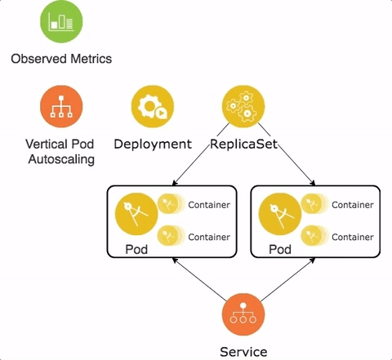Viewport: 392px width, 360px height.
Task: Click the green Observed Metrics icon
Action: pyautogui.click(x=61, y=22)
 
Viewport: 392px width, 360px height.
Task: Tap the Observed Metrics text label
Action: pyautogui.click(x=61, y=59)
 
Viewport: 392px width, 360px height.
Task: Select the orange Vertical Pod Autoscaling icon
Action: pyautogui.click(x=61, y=106)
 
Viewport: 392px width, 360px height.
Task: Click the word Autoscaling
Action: pyautogui.click(x=61, y=159)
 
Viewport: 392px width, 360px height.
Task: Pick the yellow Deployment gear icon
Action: pyautogui.click(x=153, y=106)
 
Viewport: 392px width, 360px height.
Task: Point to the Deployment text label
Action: pyautogui.click(x=153, y=144)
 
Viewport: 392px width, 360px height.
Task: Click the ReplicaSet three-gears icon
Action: pyautogui.click(x=243, y=106)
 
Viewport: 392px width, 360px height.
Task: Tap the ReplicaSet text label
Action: pyautogui.click(x=243, y=144)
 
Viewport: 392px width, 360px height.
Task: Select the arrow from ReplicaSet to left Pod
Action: pyautogui.click(x=201, y=154)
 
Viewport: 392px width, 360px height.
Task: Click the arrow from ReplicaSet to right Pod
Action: pyautogui.click(x=287, y=154)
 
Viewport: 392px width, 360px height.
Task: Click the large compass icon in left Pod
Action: pyautogui.click(x=136, y=214)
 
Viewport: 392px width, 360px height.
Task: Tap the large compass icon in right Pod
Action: pyautogui.click(x=280, y=214)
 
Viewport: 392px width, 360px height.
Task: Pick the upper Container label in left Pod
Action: pyautogui.click(x=209, y=205)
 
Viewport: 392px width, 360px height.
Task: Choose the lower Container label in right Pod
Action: pyautogui.click(x=353, y=237)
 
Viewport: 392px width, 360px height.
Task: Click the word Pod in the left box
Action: pyautogui.click(x=136, y=249)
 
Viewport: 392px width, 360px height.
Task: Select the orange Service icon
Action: pyautogui.click(x=243, y=314)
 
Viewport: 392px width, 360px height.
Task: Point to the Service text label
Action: pyautogui.click(x=243, y=352)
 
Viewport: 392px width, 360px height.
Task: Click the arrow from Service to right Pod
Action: pyautogui.click(x=287, y=279)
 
